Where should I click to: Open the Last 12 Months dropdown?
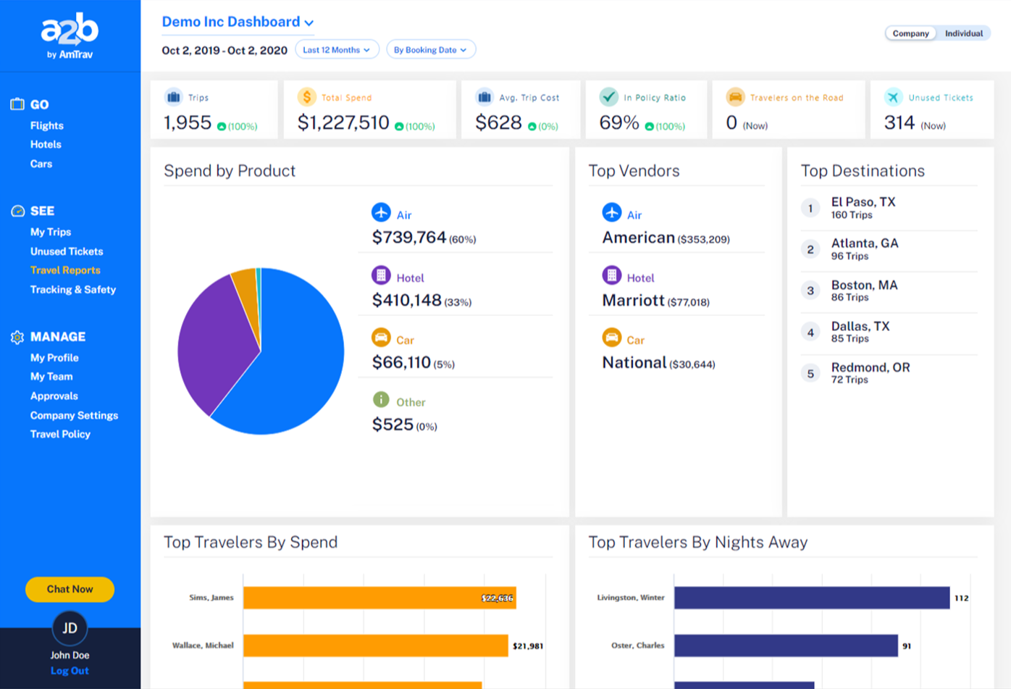337,50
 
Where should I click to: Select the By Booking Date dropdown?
430,50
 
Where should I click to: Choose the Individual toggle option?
963,33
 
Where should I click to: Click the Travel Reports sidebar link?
65,270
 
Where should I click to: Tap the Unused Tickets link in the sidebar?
67,251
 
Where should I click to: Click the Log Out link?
70,671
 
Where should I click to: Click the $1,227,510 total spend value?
343,123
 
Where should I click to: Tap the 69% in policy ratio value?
619,123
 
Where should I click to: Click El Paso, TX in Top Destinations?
863,202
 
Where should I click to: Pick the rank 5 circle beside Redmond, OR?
810,374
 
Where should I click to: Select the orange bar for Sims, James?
379,598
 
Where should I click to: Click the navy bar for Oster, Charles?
785,646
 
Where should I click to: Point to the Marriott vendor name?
633,300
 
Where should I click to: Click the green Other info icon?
381,400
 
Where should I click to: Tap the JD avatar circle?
70,628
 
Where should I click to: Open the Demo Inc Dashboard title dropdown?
238,22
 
